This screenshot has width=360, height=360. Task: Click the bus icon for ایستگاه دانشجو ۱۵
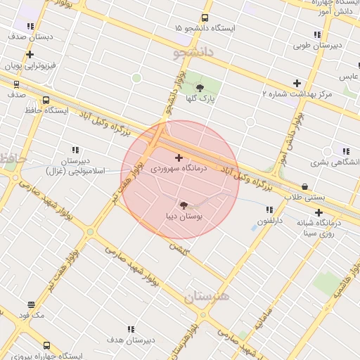(205, 18)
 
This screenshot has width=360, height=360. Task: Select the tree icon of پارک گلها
(200, 88)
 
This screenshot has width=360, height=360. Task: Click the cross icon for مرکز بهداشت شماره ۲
(297, 83)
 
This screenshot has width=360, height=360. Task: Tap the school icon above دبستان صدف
(30, 26)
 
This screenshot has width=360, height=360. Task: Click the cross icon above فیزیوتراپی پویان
(30, 54)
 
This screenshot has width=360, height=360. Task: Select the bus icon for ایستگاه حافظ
(46, 101)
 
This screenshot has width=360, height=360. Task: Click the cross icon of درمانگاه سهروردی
(179, 157)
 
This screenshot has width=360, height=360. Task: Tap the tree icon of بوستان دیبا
(184, 205)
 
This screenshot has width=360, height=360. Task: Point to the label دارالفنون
(269, 221)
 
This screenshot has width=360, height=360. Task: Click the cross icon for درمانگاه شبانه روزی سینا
(319, 212)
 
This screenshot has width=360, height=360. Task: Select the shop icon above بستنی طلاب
(304, 186)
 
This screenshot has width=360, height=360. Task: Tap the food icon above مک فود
(32, 305)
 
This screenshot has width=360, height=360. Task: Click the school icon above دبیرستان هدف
(131, 328)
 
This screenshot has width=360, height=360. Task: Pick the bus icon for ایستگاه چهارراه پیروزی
(46, 346)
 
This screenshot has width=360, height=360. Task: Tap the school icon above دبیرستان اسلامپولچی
(75, 150)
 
